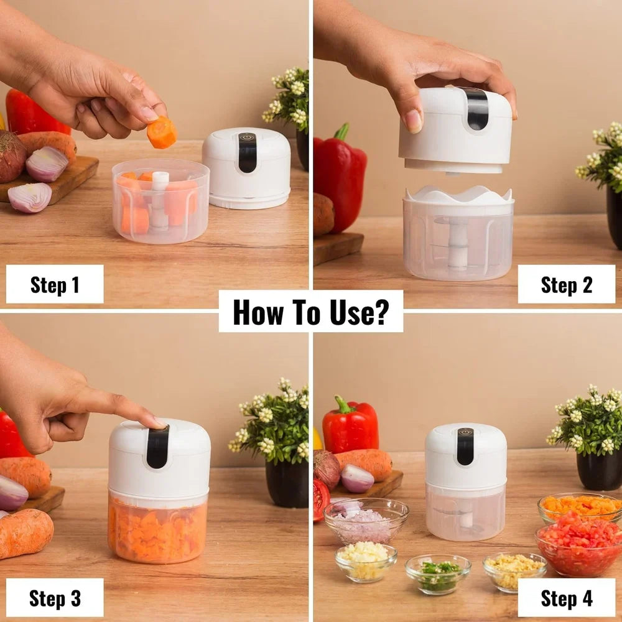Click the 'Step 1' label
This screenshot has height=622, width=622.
tap(55, 285)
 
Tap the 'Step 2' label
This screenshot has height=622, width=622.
tap(567, 285)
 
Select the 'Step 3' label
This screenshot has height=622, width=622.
tap(55, 598)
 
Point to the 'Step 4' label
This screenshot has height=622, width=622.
tap(567, 598)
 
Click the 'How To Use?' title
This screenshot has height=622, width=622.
tap(310, 312)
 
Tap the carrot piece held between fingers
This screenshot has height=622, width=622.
tap(162, 132)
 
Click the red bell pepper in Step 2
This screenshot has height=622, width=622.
tap(340, 179)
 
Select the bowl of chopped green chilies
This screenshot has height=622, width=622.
tap(438, 573)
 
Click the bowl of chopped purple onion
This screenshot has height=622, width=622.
tap(366, 521)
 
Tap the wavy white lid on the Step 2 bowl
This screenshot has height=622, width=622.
tap(458, 195)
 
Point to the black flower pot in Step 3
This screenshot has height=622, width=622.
tap(286, 484)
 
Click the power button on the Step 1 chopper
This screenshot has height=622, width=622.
tap(247, 137)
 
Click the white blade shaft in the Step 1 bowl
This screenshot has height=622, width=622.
tap(159, 200)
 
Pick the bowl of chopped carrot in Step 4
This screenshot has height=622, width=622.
tap(580, 506)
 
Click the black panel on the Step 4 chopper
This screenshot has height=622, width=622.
tap(465, 446)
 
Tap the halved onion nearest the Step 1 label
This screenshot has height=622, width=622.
tap(30, 197)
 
